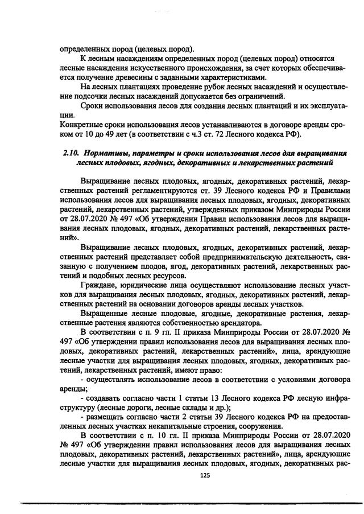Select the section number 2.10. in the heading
pyautogui.click(x=71, y=153)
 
